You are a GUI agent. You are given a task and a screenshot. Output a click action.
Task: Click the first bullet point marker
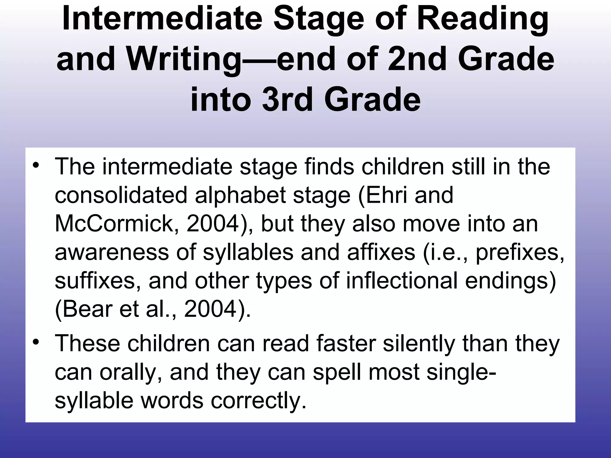point(36,165)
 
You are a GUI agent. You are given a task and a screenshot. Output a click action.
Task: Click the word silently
point(419,343)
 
